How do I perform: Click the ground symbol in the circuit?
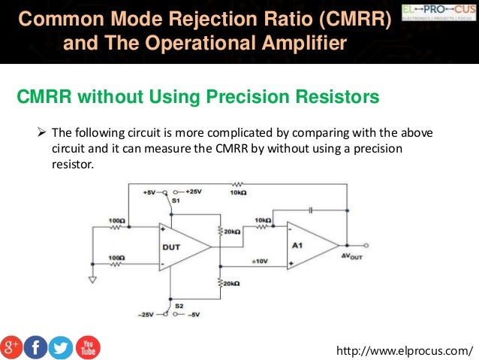pyautogui.click(x=93, y=280)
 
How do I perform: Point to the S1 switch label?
pyautogui.click(x=176, y=201)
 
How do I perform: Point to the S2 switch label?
pyautogui.click(x=179, y=306)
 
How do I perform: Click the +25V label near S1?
pyautogui.click(x=193, y=192)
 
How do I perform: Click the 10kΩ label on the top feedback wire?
pyautogui.click(x=238, y=192)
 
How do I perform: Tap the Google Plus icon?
pyautogui.click(x=12, y=346)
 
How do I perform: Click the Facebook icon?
pyautogui.click(x=36, y=346)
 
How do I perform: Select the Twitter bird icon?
pyautogui.click(x=61, y=346)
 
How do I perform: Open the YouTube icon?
pyautogui.click(x=87, y=346)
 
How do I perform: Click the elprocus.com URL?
pyautogui.click(x=407, y=350)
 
